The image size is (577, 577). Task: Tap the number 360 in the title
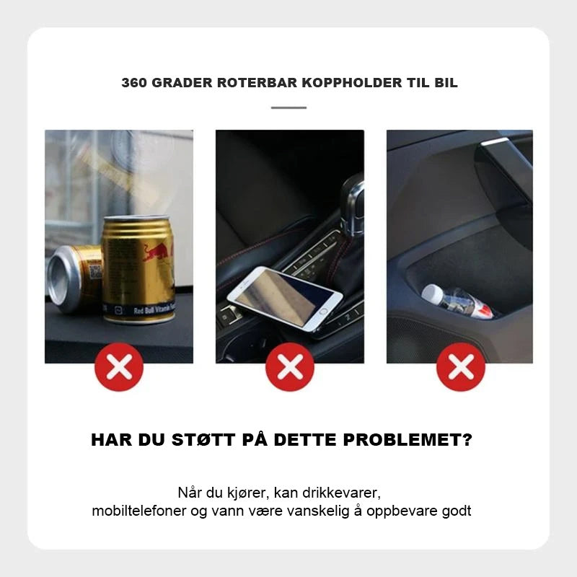pyautogui.click(x=135, y=83)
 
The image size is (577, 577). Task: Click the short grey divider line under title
pyautogui.click(x=288, y=107)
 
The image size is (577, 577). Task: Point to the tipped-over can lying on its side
pyautogui.click(x=74, y=278)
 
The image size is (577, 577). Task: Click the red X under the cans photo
pyautogui.click(x=119, y=367)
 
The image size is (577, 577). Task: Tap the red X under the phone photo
pyautogui.click(x=290, y=367)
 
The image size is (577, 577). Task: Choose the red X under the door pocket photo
pyautogui.click(x=461, y=367)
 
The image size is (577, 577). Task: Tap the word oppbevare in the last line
pyautogui.click(x=407, y=511)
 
